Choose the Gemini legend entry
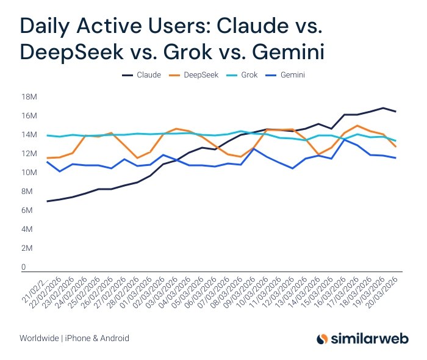[286, 75]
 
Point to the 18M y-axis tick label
[29, 97]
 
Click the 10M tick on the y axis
[29, 173]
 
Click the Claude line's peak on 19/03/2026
[382, 108]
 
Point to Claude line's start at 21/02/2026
[47, 201]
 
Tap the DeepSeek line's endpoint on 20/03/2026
[396, 146]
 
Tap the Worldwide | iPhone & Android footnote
[74, 338]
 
